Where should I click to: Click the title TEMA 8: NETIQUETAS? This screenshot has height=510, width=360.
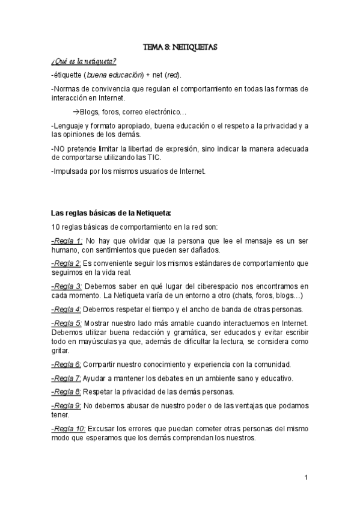pyautogui.click(x=180, y=46)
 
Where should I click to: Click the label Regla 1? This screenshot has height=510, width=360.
pyautogui.click(x=67, y=241)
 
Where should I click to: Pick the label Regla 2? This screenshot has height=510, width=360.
pyautogui.click(x=67, y=263)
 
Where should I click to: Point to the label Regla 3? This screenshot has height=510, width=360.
pyautogui.click(x=67, y=286)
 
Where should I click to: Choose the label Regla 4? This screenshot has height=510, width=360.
pyautogui.click(x=67, y=309)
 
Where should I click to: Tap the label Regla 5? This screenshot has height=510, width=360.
pyautogui.click(x=67, y=323)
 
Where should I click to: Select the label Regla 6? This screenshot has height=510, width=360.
pyautogui.click(x=67, y=364)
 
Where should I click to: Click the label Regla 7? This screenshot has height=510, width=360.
pyautogui.click(x=67, y=378)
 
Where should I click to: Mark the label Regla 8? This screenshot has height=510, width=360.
pyautogui.click(x=67, y=392)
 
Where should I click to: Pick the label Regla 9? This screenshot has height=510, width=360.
pyautogui.click(x=67, y=405)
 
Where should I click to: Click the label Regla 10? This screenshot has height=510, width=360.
pyautogui.click(x=69, y=428)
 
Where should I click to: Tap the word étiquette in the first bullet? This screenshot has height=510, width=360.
pyautogui.click(x=69, y=75)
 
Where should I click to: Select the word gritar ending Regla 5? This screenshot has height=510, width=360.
pyautogui.click(x=61, y=350)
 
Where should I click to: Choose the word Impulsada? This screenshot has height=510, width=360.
pyautogui.click(x=73, y=171)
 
